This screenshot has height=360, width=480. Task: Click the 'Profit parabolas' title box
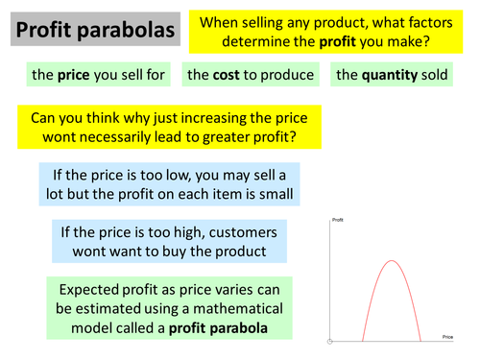pos(94,31)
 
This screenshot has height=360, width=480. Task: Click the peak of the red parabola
pos(391,261)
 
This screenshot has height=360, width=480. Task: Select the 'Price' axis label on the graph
pos(446,337)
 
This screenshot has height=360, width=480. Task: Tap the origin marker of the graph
pos(330,341)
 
